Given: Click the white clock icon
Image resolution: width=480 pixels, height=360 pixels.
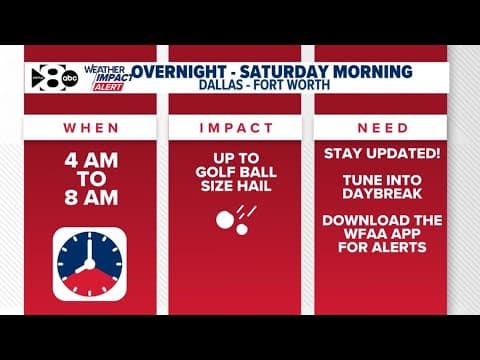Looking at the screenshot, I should pos(90,263).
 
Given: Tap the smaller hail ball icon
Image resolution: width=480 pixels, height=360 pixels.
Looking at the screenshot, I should pos(241,229).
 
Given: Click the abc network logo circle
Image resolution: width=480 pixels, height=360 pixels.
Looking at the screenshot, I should pos(69,78).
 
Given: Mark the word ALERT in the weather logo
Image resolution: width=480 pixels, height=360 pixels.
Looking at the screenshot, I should pos(108,86).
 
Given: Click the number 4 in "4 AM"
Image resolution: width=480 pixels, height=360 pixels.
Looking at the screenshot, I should pos(69,159).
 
